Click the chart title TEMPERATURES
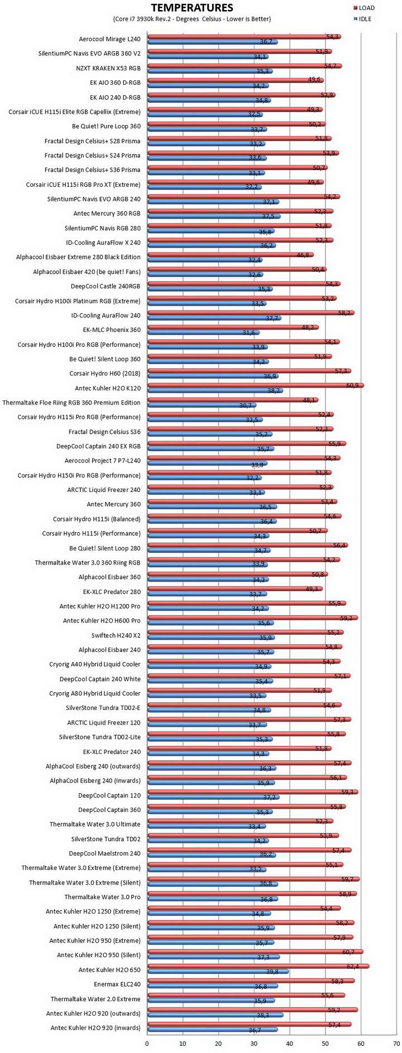pyautogui.click(x=192, y=7)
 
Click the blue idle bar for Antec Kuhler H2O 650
pyautogui.click(x=218, y=971)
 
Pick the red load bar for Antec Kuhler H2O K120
pyautogui.click(x=255, y=385)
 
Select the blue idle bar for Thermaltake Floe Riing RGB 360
pyautogui.click(x=202, y=405)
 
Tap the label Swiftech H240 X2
pyautogui.click(x=116, y=635)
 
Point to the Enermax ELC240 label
pyautogui.click(x=117, y=984)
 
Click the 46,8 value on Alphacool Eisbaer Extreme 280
pyautogui.click(x=303, y=254)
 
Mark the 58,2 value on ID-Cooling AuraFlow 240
pyautogui.click(x=344, y=312)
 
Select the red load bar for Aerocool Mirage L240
pyautogui.click(x=244, y=36)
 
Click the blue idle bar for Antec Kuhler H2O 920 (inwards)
pyautogui.click(x=212, y=1029)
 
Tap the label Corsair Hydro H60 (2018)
pyautogui.click(x=105, y=373)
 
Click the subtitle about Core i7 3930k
pyautogui.click(x=192, y=19)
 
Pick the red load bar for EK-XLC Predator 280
pyautogui.click(x=234, y=588)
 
